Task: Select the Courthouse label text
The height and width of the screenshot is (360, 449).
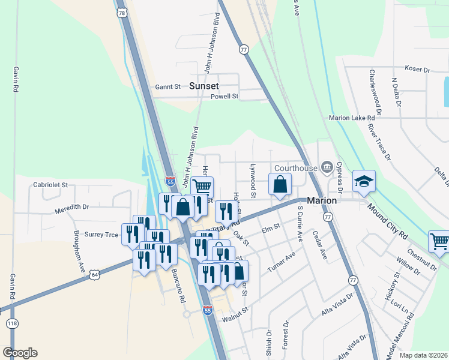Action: (x=296, y=167)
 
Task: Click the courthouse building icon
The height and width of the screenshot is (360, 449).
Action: (x=327, y=167)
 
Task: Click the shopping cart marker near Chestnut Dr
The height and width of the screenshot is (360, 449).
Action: (x=440, y=241)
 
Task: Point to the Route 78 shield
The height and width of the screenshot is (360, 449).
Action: (x=122, y=13)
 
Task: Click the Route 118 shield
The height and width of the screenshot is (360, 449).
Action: (x=12, y=324)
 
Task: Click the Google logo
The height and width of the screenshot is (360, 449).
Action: (x=20, y=353)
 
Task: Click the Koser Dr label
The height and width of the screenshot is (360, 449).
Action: (x=418, y=70)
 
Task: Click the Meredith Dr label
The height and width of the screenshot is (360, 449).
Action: (x=71, y=206)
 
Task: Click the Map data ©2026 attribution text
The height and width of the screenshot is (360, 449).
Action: (x=424, y=355)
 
